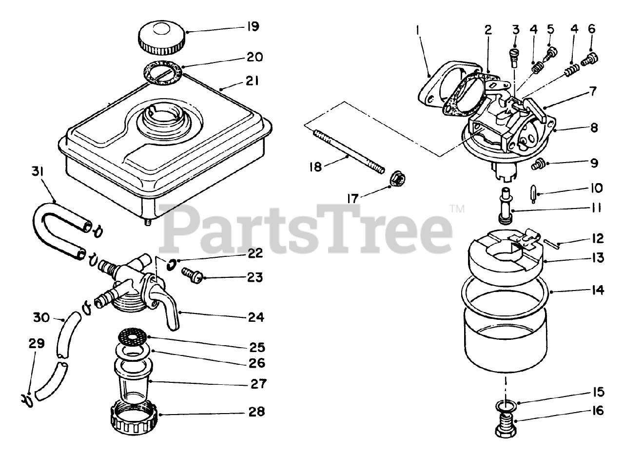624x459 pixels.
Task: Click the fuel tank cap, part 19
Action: coord(161,38)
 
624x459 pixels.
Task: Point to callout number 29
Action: coord(37,344)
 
